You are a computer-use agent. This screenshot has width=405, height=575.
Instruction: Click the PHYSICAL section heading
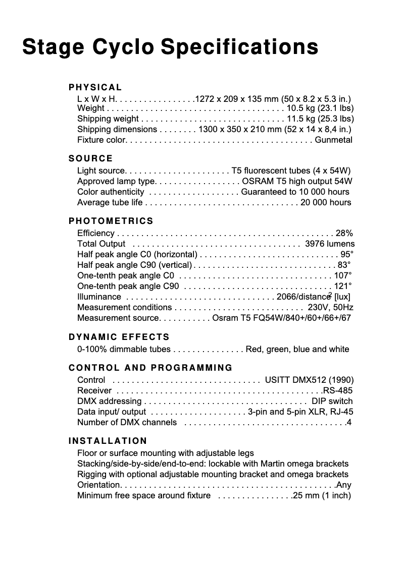tap(95, 88)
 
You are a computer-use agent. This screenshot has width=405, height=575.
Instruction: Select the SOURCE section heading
tap(91, 159)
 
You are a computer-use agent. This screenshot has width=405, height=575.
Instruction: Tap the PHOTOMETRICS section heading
tap(111, 221)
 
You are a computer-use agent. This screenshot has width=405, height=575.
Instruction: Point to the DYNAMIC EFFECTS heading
tap(119, 337)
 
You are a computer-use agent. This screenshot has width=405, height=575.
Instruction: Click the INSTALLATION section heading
tap(108, 441)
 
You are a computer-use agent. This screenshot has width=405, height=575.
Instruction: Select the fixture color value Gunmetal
tap(333, 140)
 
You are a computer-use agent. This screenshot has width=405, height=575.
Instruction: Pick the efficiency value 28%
tap(344, 233)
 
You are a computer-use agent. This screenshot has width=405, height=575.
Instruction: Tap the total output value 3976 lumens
tap(330, 244)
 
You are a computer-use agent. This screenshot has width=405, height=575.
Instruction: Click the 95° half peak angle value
tap(347, 254)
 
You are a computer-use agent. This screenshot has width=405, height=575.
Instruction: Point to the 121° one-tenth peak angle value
tap(343, 286)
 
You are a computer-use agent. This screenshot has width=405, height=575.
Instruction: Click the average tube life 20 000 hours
tap(326, 202)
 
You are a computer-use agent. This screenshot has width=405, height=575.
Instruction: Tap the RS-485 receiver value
tap(338, 390)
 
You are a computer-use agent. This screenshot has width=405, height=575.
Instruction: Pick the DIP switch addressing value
tap(332, 401)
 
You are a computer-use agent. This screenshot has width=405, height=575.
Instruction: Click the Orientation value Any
tap(344, 485)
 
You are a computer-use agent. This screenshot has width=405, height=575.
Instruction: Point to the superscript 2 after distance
tap(330, 294)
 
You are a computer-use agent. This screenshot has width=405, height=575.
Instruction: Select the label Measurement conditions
tap(124, 307)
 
